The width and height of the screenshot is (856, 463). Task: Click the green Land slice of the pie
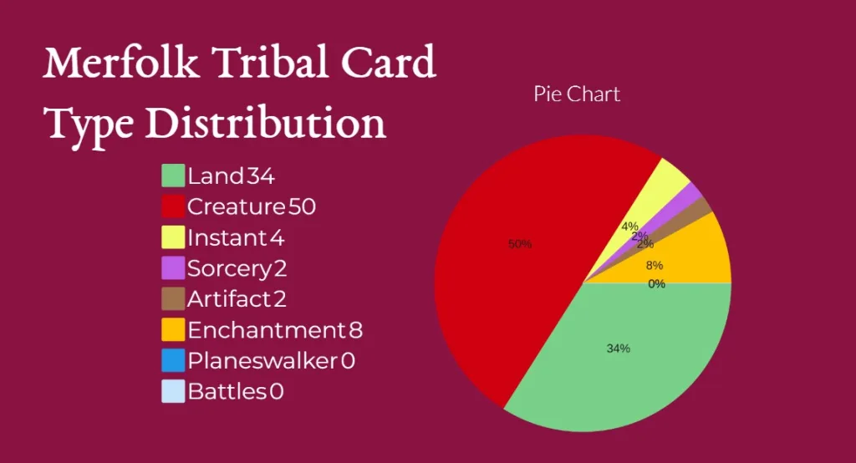coord(635,368)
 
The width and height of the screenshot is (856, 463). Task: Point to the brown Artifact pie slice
coord(701,209)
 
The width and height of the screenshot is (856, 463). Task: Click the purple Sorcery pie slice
coord(690,196)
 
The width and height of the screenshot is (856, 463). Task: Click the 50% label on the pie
coord(520,244)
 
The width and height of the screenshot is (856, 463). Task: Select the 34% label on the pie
coord(618,349)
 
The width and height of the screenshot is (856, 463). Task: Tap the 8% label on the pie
coord(655,266)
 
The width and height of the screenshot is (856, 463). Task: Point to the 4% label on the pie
coord(629,226)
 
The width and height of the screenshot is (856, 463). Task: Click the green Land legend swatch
coord(172,176)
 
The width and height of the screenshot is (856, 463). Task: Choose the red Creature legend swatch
coord(172,206)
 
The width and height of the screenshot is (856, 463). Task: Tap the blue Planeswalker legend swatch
coord(172,360)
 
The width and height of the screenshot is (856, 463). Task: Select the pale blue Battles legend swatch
coord(172,391)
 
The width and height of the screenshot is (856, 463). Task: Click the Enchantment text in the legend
coord(262,330)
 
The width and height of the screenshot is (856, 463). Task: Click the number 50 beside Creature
coord(302,206)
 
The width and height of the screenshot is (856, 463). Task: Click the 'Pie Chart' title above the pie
coord(577,94)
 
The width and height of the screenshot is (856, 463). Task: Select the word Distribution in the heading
coord(265,124)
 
